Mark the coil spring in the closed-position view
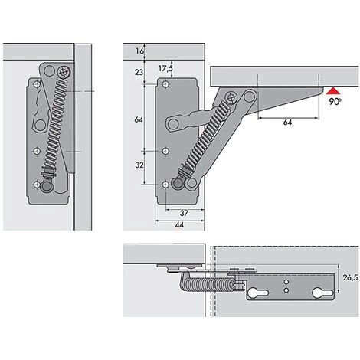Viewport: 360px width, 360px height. click(x=54, y=130)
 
